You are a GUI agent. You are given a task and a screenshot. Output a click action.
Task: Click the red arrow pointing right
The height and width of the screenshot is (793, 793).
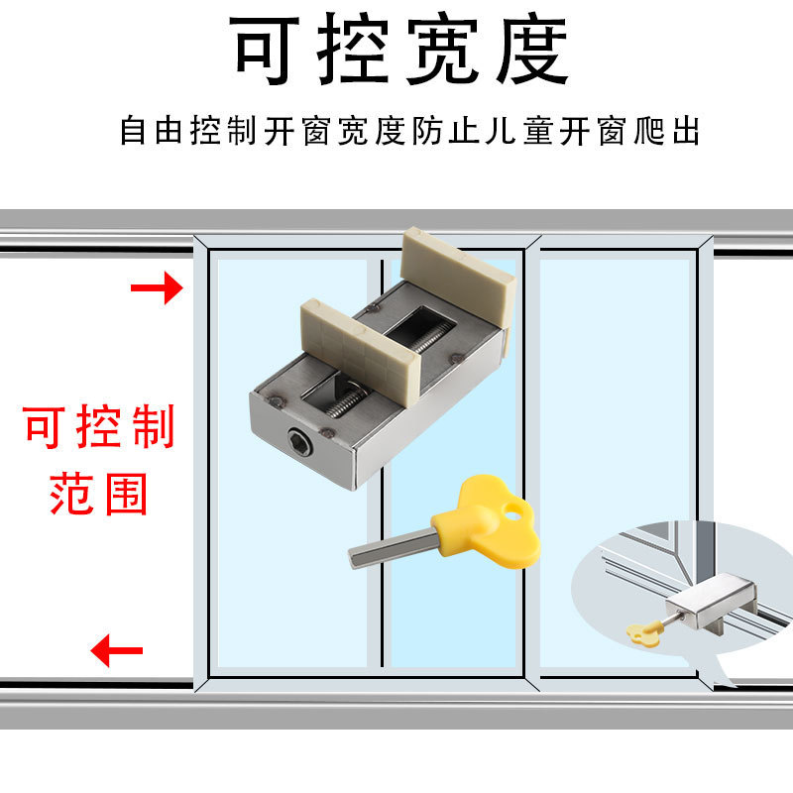point(158,288)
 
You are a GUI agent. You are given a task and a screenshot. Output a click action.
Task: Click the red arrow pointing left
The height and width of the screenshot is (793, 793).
point(116,651)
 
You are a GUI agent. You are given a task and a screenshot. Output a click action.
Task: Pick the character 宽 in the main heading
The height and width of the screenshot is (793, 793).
point(443,50)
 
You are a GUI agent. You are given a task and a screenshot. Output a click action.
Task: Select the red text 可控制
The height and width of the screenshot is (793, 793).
point(99,428)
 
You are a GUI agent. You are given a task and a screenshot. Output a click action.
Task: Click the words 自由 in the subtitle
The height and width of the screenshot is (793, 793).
point(154,131)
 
